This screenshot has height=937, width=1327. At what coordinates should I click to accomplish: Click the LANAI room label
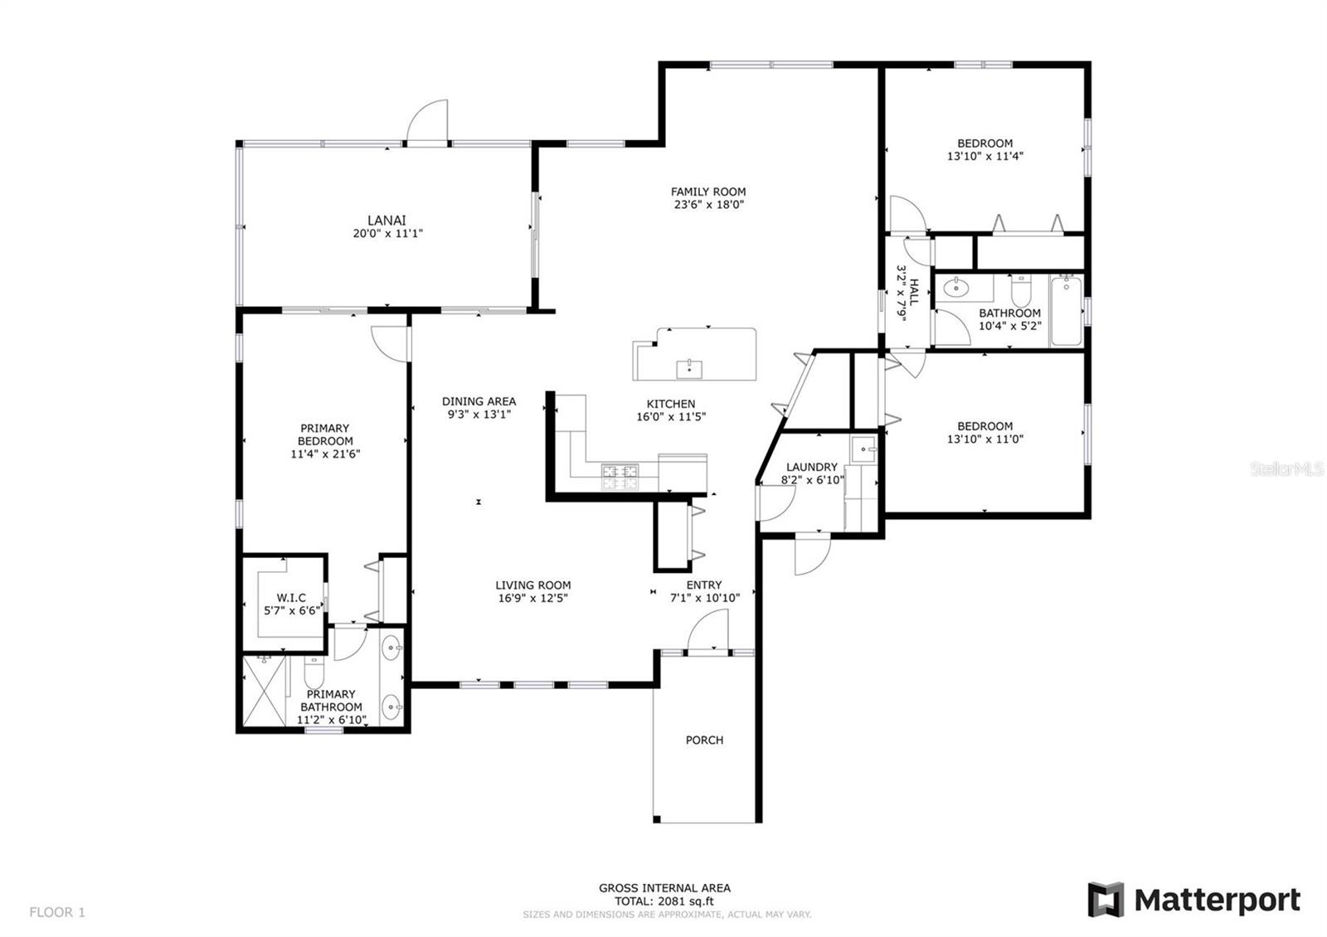pyautogui.click(x=386, y=220)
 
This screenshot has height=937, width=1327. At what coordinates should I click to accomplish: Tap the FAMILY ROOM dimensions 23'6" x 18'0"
pyautogui.click(x=707, y=204)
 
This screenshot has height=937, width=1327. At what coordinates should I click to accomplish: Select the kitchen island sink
pyautogui.click(x=688, y=367)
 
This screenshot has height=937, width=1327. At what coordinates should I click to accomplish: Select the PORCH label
pyautogui.click(x=704, y=740)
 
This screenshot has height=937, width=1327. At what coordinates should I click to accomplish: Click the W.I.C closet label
pyautogui.click(x=291, y=597)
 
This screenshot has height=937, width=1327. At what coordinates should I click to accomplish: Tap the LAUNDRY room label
pyautogui.click(x=811, y=467)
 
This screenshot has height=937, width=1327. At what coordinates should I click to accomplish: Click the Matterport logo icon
pyautogui.click(x=1106, y=899)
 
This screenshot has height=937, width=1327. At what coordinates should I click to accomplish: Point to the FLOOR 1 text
pyautogui.click(x=57, y=912)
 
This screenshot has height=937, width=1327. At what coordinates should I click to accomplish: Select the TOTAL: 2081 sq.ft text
pyautogui.click(x=664, y=901)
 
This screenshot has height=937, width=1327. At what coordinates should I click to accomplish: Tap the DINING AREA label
pyautogui.click(x=479, y=401)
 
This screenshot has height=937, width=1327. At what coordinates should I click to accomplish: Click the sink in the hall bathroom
pyautogui.click(x=958, y=289)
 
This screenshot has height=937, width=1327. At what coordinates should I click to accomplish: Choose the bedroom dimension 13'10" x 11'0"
pyautogui.click(x=985, y=439)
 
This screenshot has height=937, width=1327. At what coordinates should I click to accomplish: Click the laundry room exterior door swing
pyautogui.click(x=811, y=556)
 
